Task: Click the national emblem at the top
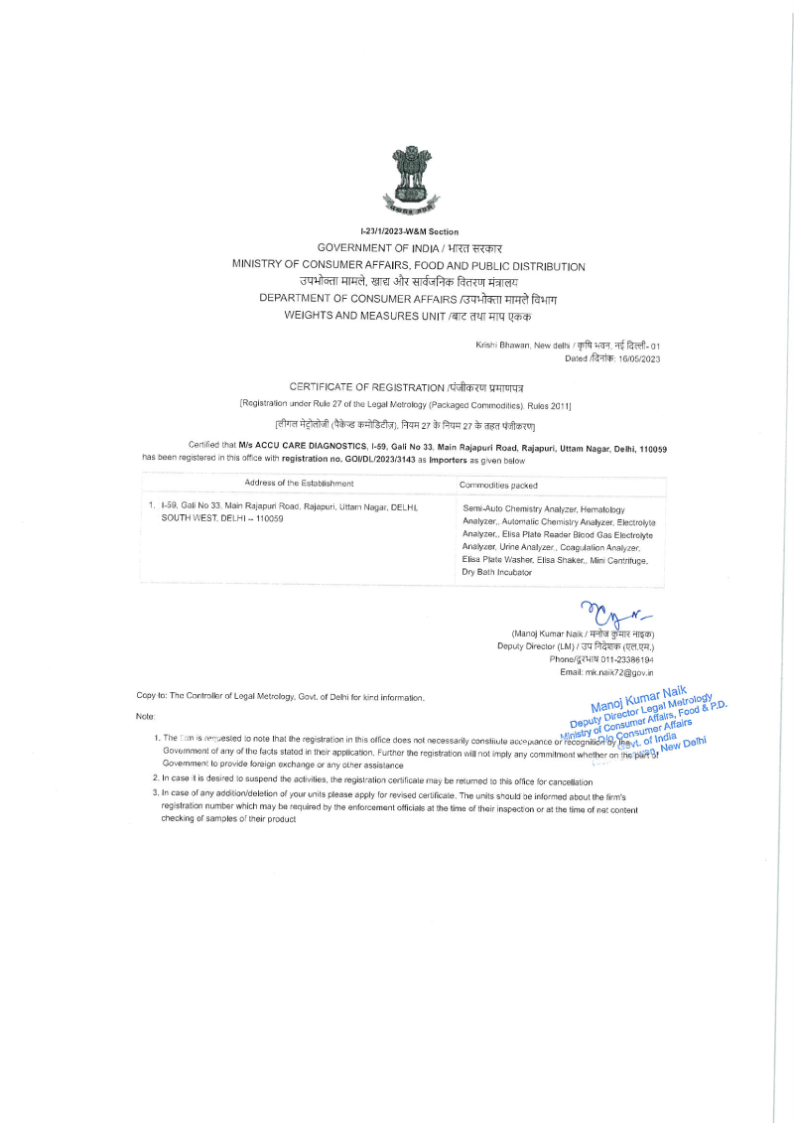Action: pos(407,178)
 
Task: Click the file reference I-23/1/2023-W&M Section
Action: pos(408,231)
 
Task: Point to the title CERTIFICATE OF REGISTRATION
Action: pos(366,385)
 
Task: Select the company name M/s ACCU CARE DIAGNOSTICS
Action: pos(304,449)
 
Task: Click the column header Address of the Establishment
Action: pos(299,484)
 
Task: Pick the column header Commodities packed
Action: pos(498,485)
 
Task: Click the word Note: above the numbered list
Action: pos(145,716)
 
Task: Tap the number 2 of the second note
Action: pos(155,780)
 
